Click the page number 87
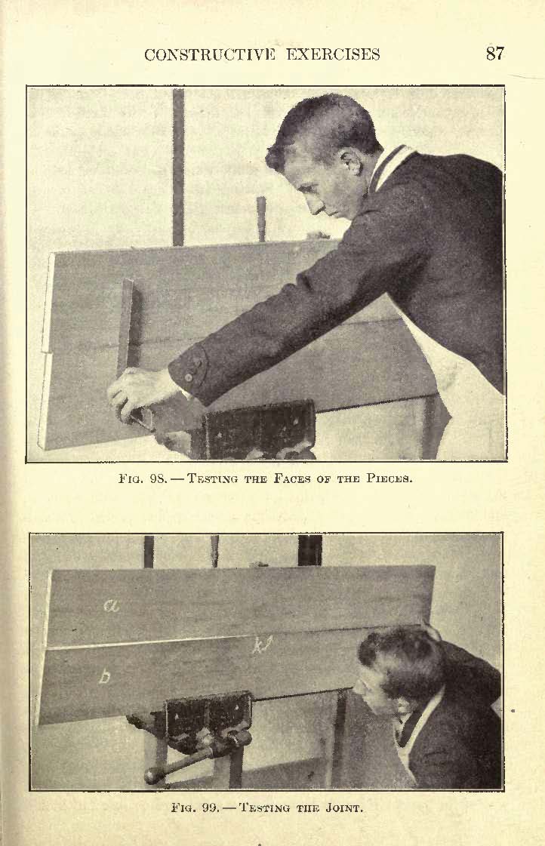pyautogui.click(x=495, y=54)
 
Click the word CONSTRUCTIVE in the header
pyautogui.click(x=210, y=54)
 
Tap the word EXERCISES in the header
pyautogui.click(x=333, y=54)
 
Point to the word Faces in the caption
pyautogui.click(x=291, y=478)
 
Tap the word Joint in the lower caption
pyautogui.click(x=342, y=808)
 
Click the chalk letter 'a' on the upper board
pyautogui.click(x=112, y=606)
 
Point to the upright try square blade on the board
pyautogui.click(x=128, y=328)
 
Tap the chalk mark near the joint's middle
pyautogui.click(x=263, y=644)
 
